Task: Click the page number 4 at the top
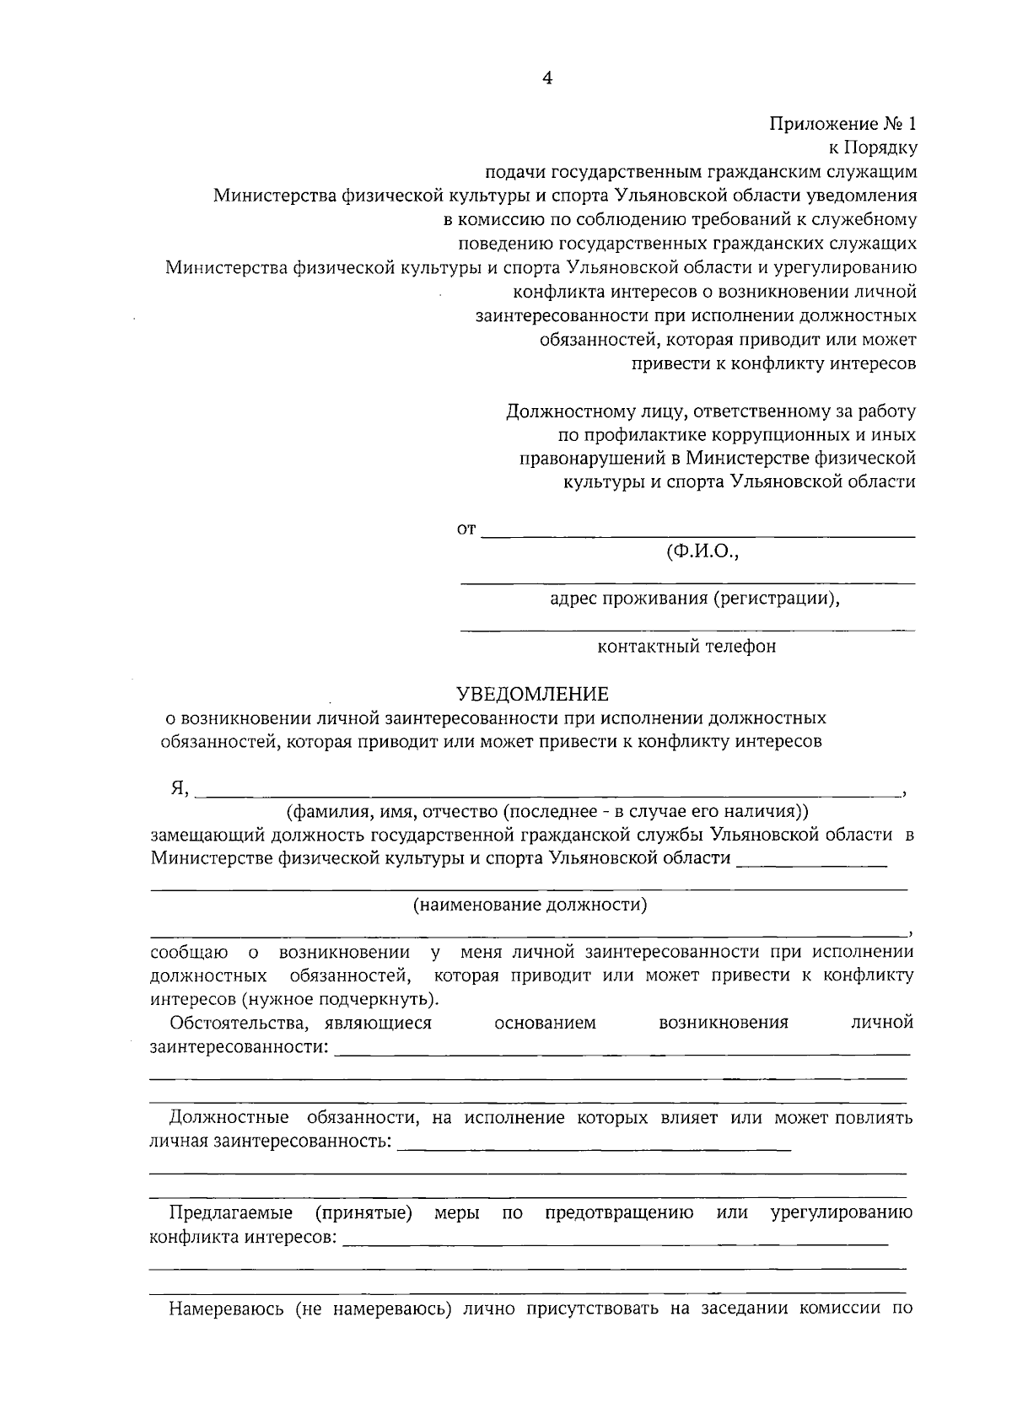click(546, 78)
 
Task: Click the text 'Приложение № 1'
click(842, 124)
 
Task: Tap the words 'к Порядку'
click(873, 148)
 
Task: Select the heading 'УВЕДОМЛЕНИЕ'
click(532, 694)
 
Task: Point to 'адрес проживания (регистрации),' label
click(695, 599)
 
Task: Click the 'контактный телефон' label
click(686, 647)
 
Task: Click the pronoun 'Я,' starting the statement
click(180, 788)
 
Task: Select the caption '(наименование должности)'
click(530, 905)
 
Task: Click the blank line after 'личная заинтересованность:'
click(594, 1148)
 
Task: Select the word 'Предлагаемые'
click(231, 1213)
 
